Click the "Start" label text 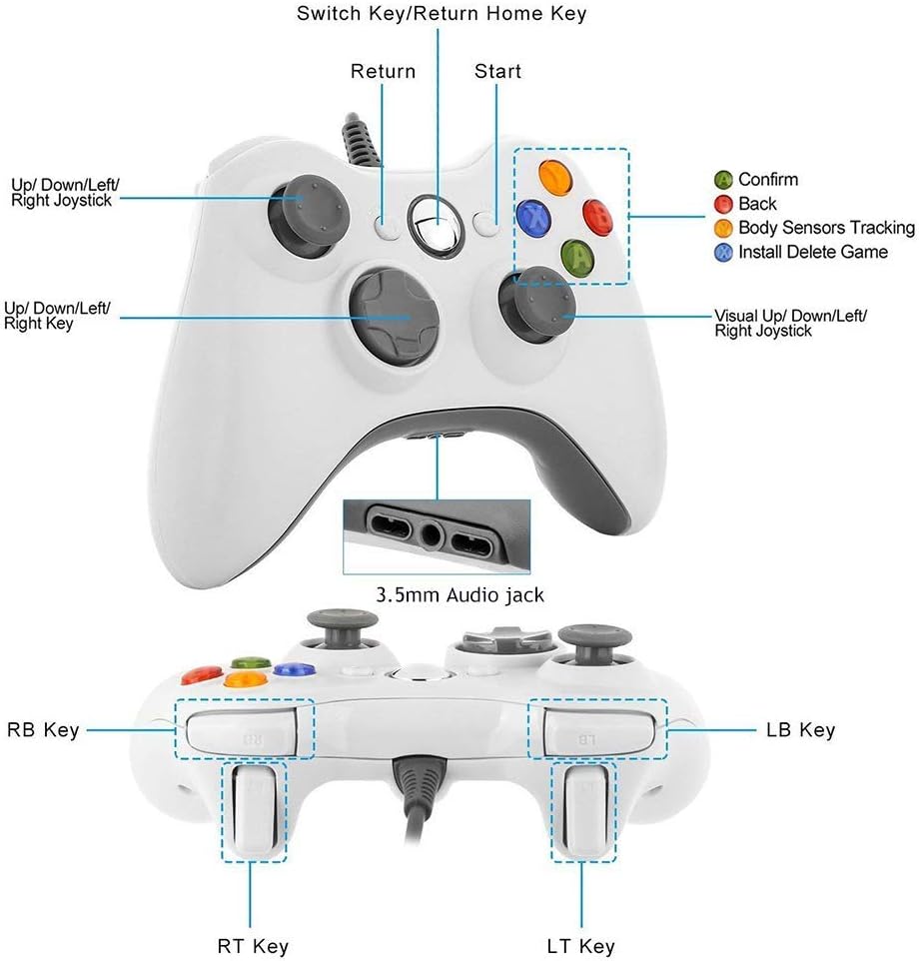click(497, 72)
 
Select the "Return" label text click(383, 72)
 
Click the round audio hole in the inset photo click(432, 533)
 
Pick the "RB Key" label click(43, 730)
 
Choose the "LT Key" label click(582, 945)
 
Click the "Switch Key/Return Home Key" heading click(442, 14)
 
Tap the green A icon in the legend click(723, 180)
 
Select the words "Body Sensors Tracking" click(826, 228)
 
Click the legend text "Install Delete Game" click(812, 252)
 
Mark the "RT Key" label click(252, 945)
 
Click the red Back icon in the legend click(723, 204)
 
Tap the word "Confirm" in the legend click(768, 180)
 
